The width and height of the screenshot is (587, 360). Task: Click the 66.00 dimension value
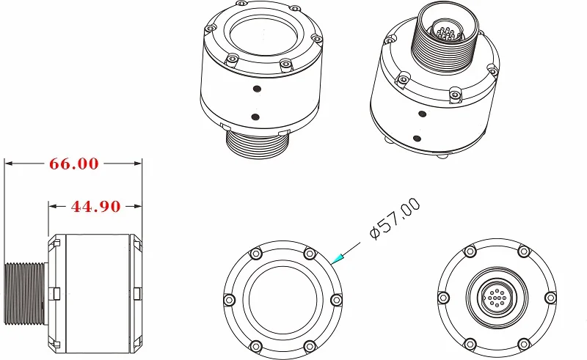pos(74,164)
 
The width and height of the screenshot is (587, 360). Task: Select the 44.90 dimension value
pos(96,207)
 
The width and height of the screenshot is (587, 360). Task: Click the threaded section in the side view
pos(26,293)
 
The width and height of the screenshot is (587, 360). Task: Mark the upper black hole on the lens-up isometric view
pos(257,89)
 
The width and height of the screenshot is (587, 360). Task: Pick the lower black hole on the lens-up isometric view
pos(255,117)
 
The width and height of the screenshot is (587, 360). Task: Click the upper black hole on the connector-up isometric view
pos(423,114)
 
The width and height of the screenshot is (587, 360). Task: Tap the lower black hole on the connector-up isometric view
pos(417,139)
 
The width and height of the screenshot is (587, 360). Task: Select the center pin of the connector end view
pos(497,298)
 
